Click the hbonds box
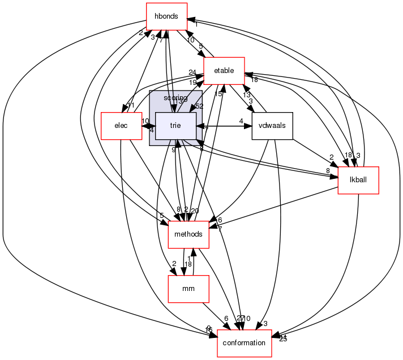[x=166, y=17]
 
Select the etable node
[x=224, y=71]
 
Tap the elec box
[x=121, y=125]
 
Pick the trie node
[x=175, y=125]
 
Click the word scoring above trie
[x=175, y=98]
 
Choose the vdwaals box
[x=272, y=125]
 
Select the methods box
[x=188, y=234]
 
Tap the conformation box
[x=245, y=343]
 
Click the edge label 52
[x=199, y=107]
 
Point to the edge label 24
[x=192, y=72]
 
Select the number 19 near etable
[x=192, y=83]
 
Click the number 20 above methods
[x=195, y=211]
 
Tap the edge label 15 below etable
[x=218, y=94]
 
